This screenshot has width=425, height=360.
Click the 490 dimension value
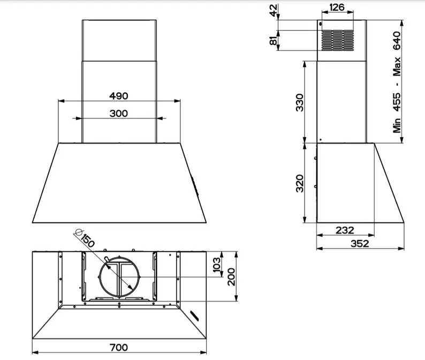(x=119, y=96)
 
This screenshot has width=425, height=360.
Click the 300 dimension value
(x=119, y=113)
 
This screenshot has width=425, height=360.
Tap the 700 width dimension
(x=119, y=347)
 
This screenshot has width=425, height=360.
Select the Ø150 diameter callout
(x=85, y=238)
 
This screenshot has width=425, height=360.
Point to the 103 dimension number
(x=217, y=265)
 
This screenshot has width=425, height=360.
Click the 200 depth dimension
(x=231, y=277)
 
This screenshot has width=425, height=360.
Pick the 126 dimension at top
(x=337, y=7)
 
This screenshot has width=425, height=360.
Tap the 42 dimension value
(x=274, y=10)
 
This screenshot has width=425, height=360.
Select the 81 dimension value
(x=274, y=40)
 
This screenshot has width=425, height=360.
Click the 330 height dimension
(x=300, y=102)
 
